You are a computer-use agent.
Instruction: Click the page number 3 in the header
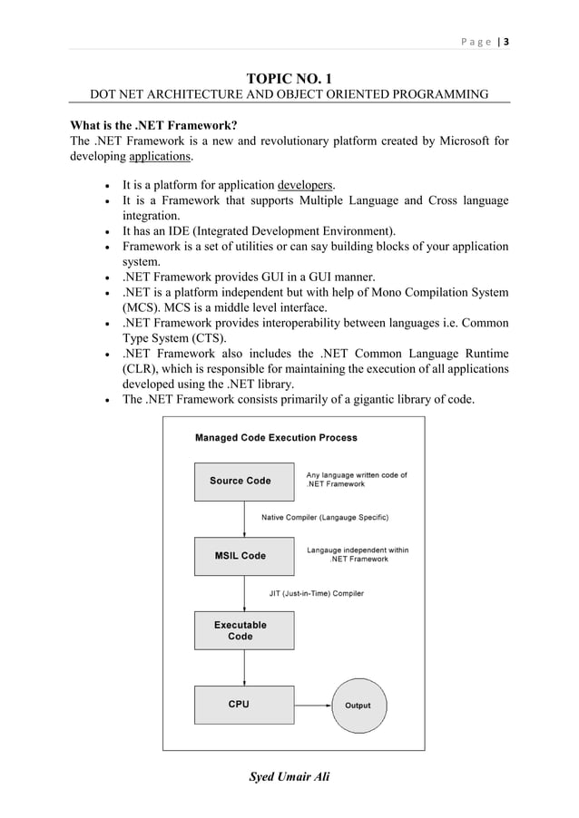505,41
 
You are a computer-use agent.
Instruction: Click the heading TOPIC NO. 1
289,79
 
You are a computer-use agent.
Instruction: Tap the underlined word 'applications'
161,156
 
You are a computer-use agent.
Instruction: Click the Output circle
358,705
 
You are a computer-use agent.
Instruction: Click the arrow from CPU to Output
313,705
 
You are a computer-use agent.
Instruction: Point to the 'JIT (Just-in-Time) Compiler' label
317,594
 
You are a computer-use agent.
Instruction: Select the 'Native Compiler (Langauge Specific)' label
325,518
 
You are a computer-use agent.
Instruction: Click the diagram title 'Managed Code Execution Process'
276,437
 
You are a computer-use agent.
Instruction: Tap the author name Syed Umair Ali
289,776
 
